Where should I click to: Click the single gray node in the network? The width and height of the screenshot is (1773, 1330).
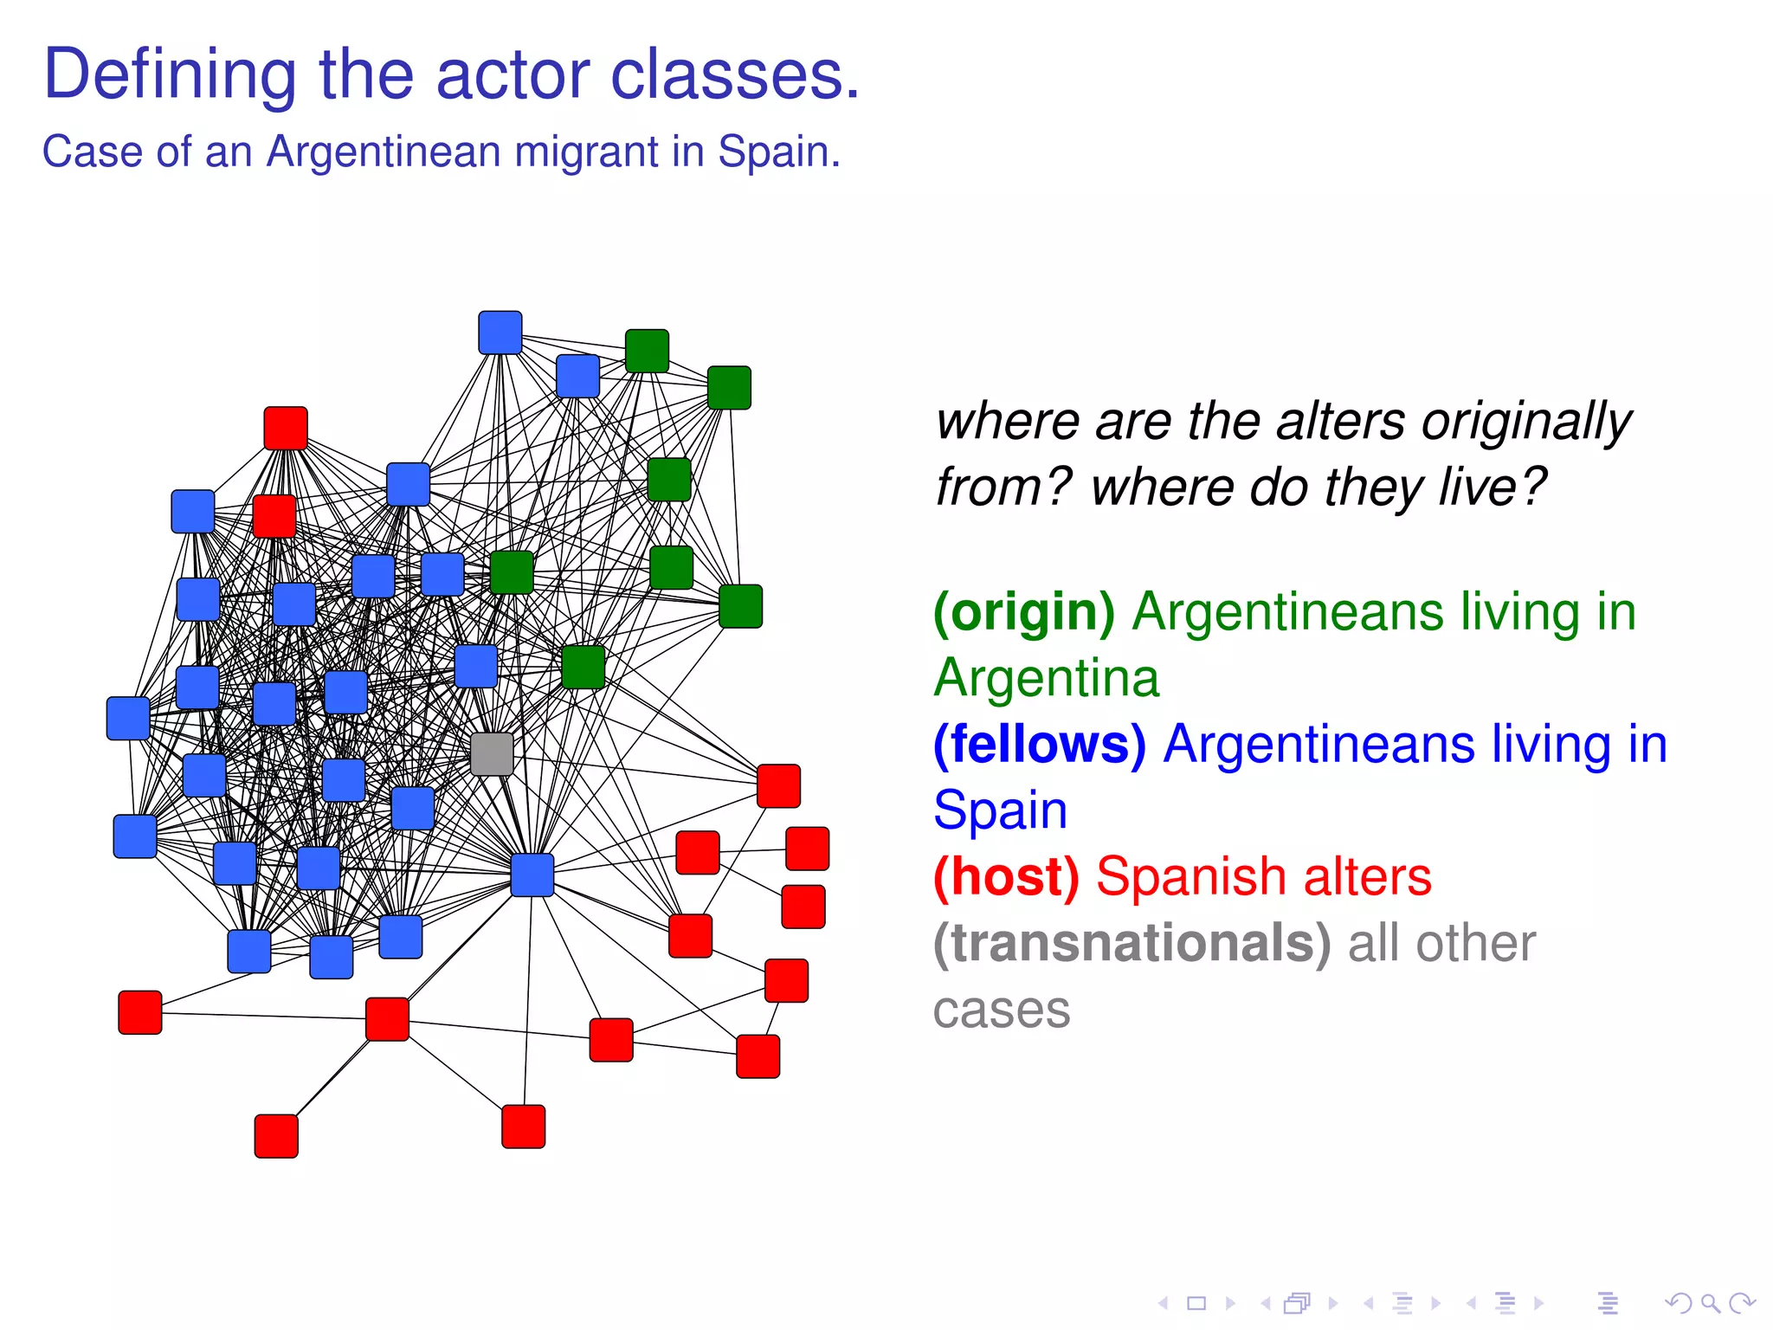(x=492, y=753)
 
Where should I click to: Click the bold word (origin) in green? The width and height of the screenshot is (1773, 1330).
(x=1024, y=612)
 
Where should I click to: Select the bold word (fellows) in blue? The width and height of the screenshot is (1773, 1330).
(x=1040, y=745)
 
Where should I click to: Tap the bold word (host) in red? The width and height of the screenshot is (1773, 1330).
(x=1006, y=877)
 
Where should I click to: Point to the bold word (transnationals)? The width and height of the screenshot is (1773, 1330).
(x=1131, y=944)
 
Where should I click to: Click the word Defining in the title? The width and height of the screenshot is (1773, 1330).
(x=170, y=75)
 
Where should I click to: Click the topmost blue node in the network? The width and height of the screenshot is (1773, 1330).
(x=500, y=332)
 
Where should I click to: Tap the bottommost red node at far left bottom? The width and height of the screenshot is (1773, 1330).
(x=276, y=1136)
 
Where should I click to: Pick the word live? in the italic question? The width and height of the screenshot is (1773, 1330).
(x=1492, y=487)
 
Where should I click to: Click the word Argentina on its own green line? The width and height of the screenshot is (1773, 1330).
(x=1046, y=678)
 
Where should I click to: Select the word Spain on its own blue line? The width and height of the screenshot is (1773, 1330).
(x=1000, y=811)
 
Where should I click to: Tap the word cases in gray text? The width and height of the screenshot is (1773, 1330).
(x=1002, y=1010)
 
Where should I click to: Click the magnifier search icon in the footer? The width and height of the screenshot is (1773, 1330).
(x=1710, y=1303)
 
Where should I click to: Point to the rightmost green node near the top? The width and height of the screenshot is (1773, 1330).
(x=729, y=387)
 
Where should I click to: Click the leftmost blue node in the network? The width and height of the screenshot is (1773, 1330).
(x=128, y=719)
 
